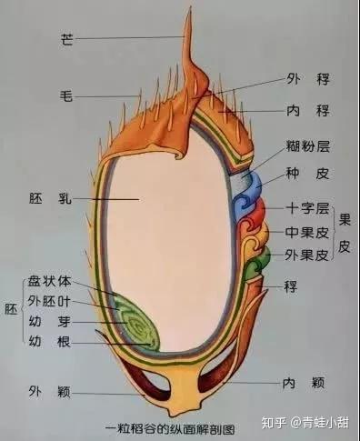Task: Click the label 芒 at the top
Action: [66, 39]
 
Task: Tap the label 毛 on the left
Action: [66, 95]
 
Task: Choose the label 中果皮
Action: [305, 232]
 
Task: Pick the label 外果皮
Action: [305, 255]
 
